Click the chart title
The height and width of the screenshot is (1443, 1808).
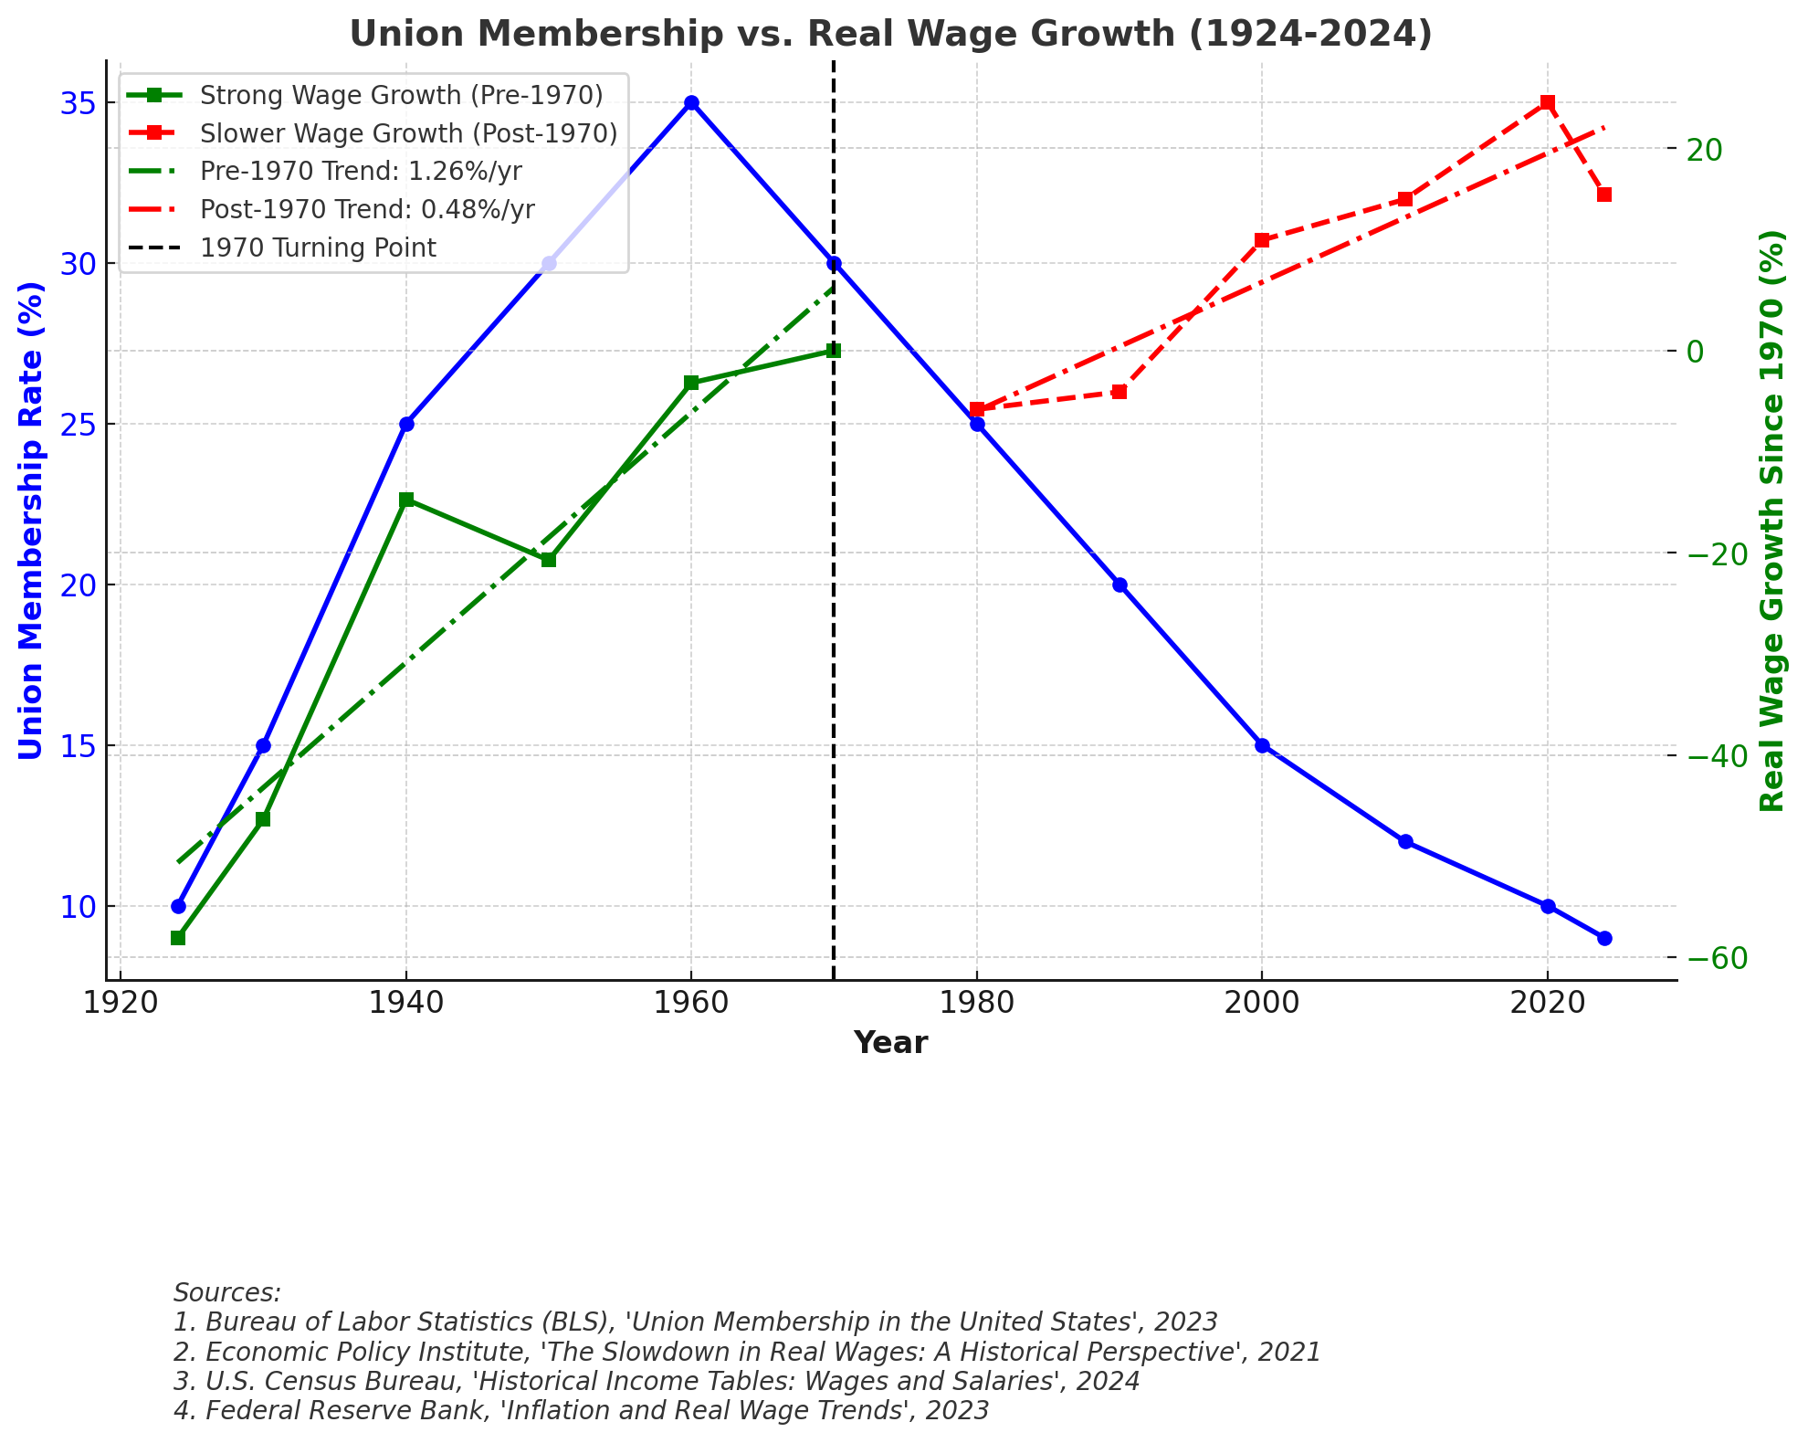coord(890,35)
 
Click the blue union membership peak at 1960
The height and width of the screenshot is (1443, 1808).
coord(691,103)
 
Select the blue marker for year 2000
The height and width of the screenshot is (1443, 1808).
coord(1262,745)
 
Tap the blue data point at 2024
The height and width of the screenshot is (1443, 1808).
coord(1604,938)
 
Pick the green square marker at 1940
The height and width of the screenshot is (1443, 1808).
coord(406,500)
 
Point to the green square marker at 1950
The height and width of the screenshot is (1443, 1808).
coord(549,559)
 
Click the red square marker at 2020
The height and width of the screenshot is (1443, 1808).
coord(1547,103)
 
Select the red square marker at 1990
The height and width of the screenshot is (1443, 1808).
coord(1119,392)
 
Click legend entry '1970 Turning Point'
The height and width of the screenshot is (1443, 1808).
coord(318,248)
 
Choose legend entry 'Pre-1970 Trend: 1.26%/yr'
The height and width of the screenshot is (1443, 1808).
coord(361,172)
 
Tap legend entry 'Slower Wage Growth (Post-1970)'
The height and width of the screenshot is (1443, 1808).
coord(408,133)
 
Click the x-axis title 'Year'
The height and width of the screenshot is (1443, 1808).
coord(890,1043)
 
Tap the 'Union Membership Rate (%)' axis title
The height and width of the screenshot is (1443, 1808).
coord(31,520)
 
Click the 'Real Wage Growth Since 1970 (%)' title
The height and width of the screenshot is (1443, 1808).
coord(1771,520)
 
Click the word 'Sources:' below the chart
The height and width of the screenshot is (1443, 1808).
coord(227,1293)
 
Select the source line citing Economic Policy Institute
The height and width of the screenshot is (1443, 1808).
coord(746,1352)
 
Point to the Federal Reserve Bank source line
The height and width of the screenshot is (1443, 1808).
coord(581,1411)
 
